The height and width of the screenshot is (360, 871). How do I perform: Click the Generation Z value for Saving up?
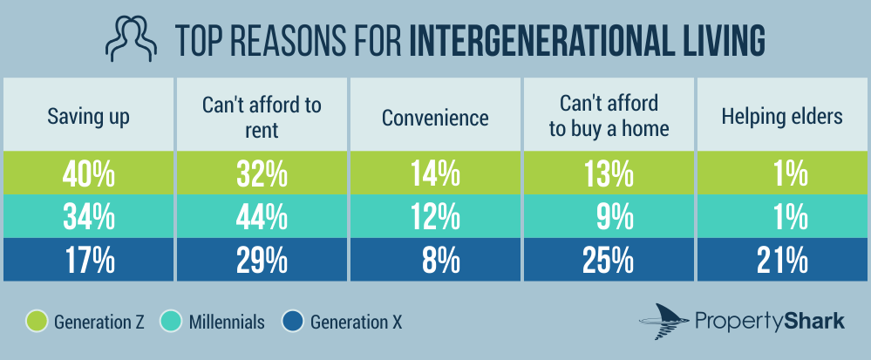[88, 176]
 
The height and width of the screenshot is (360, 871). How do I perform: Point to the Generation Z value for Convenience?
[435, 176]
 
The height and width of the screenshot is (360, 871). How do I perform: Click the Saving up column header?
[87, 117]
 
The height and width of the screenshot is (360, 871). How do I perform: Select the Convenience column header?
[435, 117]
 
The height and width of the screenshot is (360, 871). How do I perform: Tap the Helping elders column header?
[782, 117]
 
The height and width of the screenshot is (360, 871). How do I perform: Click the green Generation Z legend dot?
[37, 321]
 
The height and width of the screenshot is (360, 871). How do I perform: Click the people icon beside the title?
[128, 40]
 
